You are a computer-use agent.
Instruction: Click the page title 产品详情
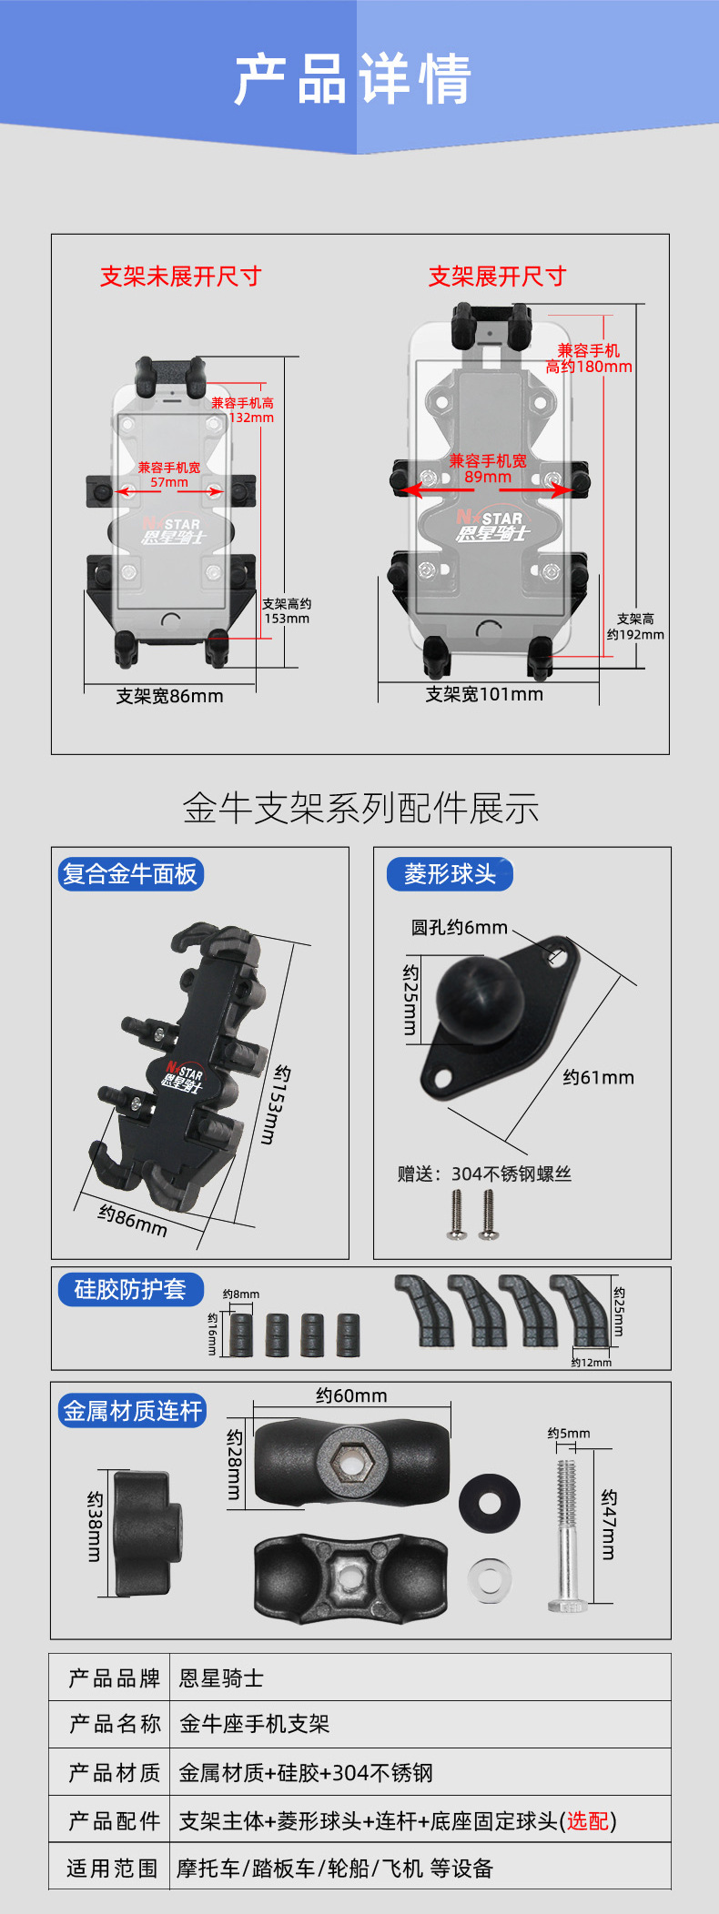(352, 78)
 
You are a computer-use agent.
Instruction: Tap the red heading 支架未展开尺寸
(181, 277)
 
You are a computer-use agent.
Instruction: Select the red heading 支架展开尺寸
(497, 277)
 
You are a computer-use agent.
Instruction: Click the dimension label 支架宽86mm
(169, 696)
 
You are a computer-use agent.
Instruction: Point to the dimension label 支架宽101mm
(484, 694)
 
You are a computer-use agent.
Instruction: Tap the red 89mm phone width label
(488, 477)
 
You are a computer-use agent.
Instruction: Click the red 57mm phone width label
(169, 482)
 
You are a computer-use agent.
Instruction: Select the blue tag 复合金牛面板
(129, 874)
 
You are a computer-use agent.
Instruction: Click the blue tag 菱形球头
(450, 874)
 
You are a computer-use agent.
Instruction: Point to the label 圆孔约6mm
(459, 928)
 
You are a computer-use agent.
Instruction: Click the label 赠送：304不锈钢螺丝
(484, 1174)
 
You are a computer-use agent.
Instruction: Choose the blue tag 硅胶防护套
(130, 1289)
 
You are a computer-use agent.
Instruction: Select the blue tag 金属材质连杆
(132, 1411)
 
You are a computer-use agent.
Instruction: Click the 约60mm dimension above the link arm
(351, 1395)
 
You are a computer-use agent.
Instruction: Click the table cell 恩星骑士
(222, 1678)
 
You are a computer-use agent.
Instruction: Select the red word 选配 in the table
(588, 1820)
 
